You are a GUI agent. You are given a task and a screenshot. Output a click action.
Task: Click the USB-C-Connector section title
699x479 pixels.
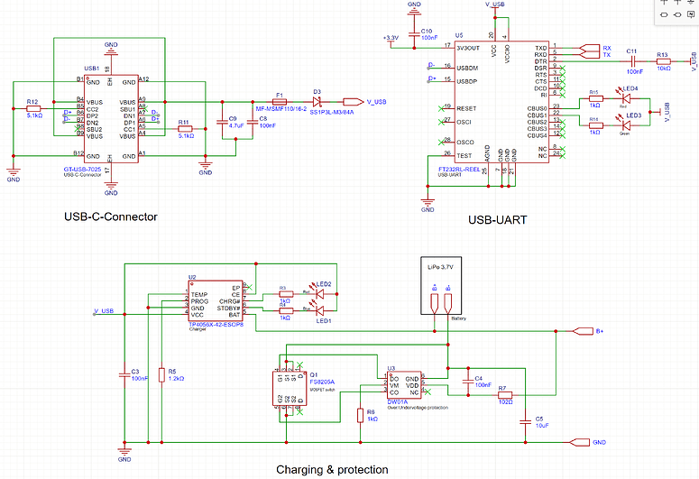point(111,216)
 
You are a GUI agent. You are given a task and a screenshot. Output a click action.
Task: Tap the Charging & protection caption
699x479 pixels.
point(332,469)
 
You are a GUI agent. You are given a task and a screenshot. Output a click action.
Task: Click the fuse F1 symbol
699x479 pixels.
point(280,102)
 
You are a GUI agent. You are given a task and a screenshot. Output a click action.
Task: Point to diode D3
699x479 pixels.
point(317,102)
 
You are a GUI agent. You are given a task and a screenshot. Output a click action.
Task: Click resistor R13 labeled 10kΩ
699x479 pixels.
point(663,61)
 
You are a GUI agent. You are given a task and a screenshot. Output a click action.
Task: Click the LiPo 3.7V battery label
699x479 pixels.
point(441,268)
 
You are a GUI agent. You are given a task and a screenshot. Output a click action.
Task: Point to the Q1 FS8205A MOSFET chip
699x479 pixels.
point(286,390)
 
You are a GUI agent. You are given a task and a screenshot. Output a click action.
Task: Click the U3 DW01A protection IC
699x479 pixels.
point(402,386)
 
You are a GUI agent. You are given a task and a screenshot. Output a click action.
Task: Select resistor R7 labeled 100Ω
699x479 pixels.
point(504,394)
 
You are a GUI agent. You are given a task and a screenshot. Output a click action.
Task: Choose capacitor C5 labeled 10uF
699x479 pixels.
point(525,419)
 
